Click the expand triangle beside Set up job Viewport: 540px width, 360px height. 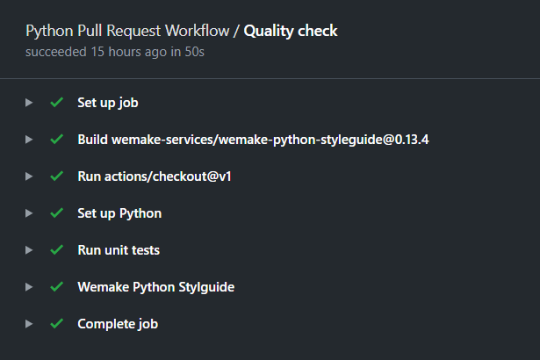tap(29, 103)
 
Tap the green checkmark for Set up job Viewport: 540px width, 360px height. tap(57, 103)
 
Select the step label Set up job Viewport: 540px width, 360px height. tap(108, 103)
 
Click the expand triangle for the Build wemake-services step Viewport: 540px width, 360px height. tap(29, 140)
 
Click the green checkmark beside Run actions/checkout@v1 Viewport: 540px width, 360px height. tap(57, 176)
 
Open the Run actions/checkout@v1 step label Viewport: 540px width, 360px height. tap(155, 176)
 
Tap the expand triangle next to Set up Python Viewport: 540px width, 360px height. tap(29, 213)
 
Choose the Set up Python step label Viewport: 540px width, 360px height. tap(119, 213)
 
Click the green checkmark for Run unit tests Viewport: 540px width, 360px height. tap(57, 249)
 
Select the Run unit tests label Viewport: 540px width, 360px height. tap(119, 250)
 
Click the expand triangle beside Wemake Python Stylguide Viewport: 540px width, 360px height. tap(29, 287)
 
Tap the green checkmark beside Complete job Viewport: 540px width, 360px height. tap(57, 323)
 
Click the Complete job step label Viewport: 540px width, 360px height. tap(118, 324)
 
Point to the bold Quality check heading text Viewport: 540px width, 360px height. tap(291, 31)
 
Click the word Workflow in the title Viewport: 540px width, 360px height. tap(198, 31)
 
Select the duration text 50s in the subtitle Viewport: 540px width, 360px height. tap(195, 52)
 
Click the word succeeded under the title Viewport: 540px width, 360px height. tap(56, 52)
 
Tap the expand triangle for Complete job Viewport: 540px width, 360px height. tap(29, 324)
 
